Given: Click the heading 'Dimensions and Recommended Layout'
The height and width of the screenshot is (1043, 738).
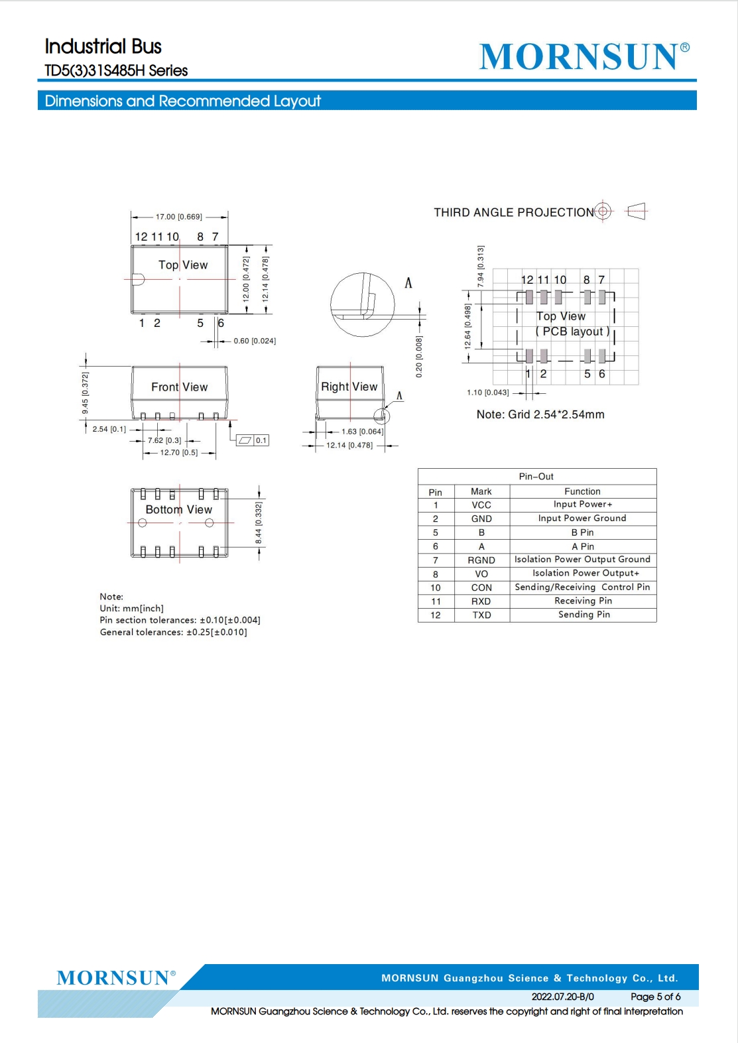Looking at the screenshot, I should pos(182,101).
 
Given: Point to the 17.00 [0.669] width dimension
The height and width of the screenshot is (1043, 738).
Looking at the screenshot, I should pos(178,217).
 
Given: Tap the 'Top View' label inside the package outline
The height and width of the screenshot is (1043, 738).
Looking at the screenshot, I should pos(183,265).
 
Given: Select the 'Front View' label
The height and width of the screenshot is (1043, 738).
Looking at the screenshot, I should pos(179,387).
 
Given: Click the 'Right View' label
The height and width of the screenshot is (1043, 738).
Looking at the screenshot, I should pos(349,387).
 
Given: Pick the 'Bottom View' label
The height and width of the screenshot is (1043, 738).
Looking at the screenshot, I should pos(178,509).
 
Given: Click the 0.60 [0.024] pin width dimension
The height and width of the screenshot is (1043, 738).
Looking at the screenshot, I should pos(254,341).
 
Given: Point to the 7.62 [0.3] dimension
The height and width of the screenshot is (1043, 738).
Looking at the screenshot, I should pos(164,440).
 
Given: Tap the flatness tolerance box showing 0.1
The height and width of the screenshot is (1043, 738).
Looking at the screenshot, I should pos(253,440).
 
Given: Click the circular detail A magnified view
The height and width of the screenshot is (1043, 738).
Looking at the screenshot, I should pos(363,305).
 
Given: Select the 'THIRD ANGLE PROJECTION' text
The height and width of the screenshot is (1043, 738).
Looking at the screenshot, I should pos(514,212).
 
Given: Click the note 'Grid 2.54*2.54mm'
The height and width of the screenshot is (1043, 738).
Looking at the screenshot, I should pos(540,414).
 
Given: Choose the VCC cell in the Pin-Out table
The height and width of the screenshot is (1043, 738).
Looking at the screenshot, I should pos(481,505).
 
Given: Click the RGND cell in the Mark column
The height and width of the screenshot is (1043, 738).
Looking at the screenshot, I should pos(481,560).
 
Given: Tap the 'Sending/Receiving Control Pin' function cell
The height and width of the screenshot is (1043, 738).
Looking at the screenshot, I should pos(582,587).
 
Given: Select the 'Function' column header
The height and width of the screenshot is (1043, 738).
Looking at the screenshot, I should pos(582,491).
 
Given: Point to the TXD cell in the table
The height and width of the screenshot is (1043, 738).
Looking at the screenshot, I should pos(481,615).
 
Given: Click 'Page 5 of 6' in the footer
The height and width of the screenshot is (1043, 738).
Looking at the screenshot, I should pos(655,997).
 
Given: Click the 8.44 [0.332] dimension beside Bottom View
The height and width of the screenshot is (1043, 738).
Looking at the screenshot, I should pos(259,522).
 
